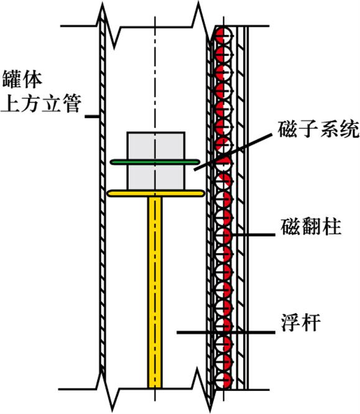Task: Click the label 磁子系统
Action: pos(318,129)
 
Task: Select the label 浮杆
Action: pos(300,322)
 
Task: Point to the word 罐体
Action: pos(22,79)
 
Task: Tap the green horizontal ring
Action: pos(155,162)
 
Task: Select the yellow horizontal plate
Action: pos(156,193)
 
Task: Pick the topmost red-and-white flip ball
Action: pos(223,35)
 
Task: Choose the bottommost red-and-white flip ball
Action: pos(223,380)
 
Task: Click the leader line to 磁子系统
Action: pos(233,152)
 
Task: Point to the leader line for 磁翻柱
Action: pos(253,234)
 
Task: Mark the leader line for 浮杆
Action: pos(226,332)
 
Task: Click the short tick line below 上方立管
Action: pos(91,116)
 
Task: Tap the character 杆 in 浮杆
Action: pos(311,322)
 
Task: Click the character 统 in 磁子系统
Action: pos(349,129)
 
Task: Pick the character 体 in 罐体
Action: pos(32,79)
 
